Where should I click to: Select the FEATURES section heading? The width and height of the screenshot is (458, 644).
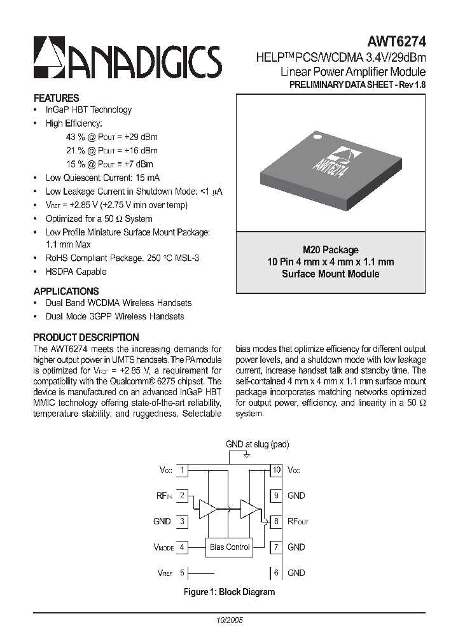click(56, 98)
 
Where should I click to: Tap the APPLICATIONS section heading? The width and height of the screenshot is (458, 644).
click(66, 291)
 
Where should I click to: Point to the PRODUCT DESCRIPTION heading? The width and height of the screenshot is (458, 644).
click(86, 337)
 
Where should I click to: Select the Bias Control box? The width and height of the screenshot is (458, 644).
click(230, 547)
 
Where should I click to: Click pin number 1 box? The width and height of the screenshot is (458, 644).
click(182, 470)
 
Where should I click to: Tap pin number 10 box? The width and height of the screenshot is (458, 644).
click(276, 470)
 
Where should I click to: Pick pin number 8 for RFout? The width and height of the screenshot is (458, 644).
click(276, 521)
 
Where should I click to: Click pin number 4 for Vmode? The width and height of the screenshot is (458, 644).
click(182, 547)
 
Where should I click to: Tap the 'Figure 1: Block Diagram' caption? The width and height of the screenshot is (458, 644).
click(229, 592)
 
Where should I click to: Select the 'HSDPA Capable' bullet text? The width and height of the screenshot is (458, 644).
click(76, 272)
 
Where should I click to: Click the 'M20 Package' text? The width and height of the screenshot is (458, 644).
click(330, 250)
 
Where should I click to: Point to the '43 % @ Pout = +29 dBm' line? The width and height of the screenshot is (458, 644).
click(111, 137)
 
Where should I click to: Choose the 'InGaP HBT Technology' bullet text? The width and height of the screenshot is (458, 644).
click(88, 109)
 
